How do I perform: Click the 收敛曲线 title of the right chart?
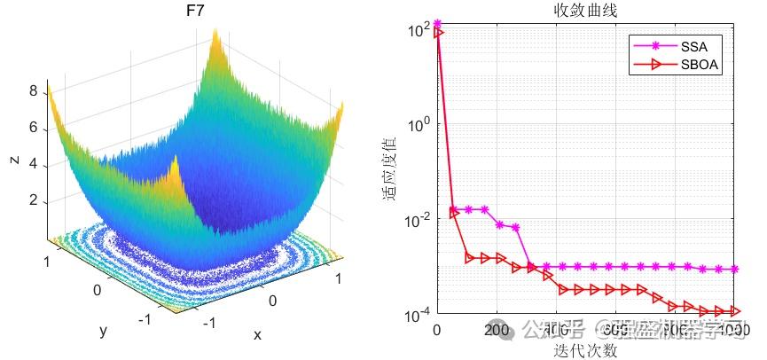coord(585,11)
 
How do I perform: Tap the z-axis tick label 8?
coord(33,90)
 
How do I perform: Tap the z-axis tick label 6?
coord(33,128)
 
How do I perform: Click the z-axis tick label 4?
coord(33,164)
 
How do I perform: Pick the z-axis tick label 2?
coord(33,201)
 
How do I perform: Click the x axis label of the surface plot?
coord(257,334)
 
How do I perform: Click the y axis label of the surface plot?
coord(104,330)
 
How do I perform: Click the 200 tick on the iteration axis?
coord(497,332)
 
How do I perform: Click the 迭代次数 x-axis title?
coord(585,350)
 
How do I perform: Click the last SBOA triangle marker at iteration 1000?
coord(736,311)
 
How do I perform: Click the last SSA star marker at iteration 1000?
coord(736,269)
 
